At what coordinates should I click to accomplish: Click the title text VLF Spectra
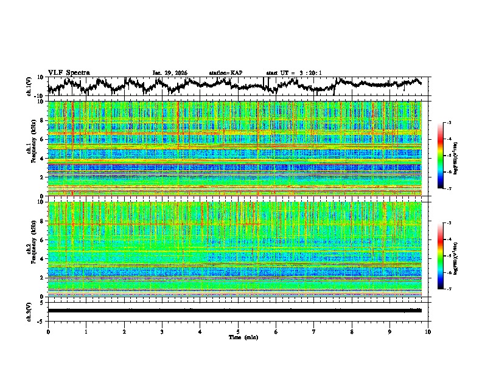point(69,72)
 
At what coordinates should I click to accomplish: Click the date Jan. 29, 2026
point(170,73)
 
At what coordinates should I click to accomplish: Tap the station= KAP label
point(225,73)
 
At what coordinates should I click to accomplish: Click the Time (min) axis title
point(237,337)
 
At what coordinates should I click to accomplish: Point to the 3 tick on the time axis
point(162,331)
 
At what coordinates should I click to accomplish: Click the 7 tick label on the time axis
point(314,331)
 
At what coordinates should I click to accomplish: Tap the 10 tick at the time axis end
point(428,331)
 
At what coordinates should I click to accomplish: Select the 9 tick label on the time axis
point(390,331)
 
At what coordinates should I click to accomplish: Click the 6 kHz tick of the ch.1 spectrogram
point(43,139)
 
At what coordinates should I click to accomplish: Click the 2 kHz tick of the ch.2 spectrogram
point(43,277)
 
